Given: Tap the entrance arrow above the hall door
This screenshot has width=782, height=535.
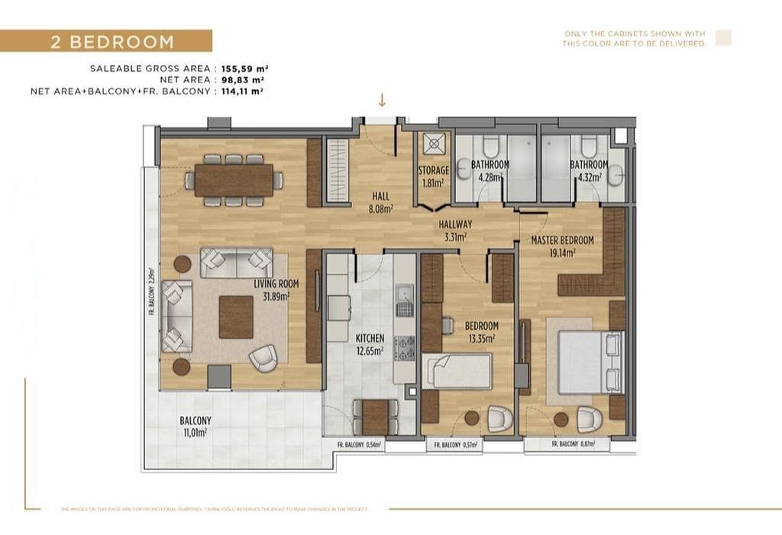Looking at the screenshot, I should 382,100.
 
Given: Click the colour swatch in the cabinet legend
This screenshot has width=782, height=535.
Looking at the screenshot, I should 722,38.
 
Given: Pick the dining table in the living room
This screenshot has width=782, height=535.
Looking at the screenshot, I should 233,181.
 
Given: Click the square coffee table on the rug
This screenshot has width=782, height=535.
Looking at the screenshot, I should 236,317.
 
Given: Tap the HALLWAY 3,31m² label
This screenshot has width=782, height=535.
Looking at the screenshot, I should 455,230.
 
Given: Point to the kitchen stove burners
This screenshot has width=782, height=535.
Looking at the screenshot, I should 404,347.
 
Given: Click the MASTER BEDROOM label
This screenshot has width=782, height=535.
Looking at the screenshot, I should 562,245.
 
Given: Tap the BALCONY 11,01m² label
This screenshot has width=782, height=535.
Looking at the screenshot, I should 195,426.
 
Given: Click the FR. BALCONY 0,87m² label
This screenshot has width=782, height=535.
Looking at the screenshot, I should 578,444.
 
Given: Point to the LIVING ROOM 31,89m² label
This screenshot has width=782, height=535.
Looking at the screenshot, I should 276,289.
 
